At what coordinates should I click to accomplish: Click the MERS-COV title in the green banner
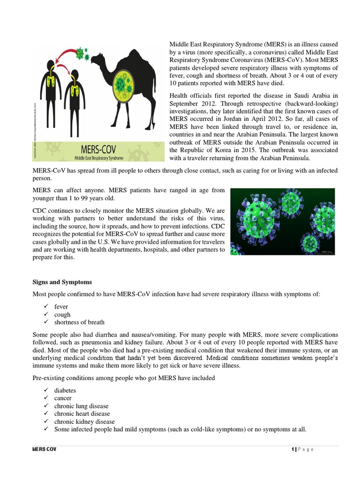(99, 149)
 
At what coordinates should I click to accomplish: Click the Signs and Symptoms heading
(62, 282)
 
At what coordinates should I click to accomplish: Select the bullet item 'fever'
(61, 307)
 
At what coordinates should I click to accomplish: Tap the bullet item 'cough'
(62, 315)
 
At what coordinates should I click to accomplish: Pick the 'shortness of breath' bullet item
(79, 322)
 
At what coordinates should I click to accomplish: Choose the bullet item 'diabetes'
(65, 390)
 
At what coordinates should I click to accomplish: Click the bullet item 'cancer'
(63, 398)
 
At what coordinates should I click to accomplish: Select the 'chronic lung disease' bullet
(81, 406)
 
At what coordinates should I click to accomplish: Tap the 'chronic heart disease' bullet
(82, 413)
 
